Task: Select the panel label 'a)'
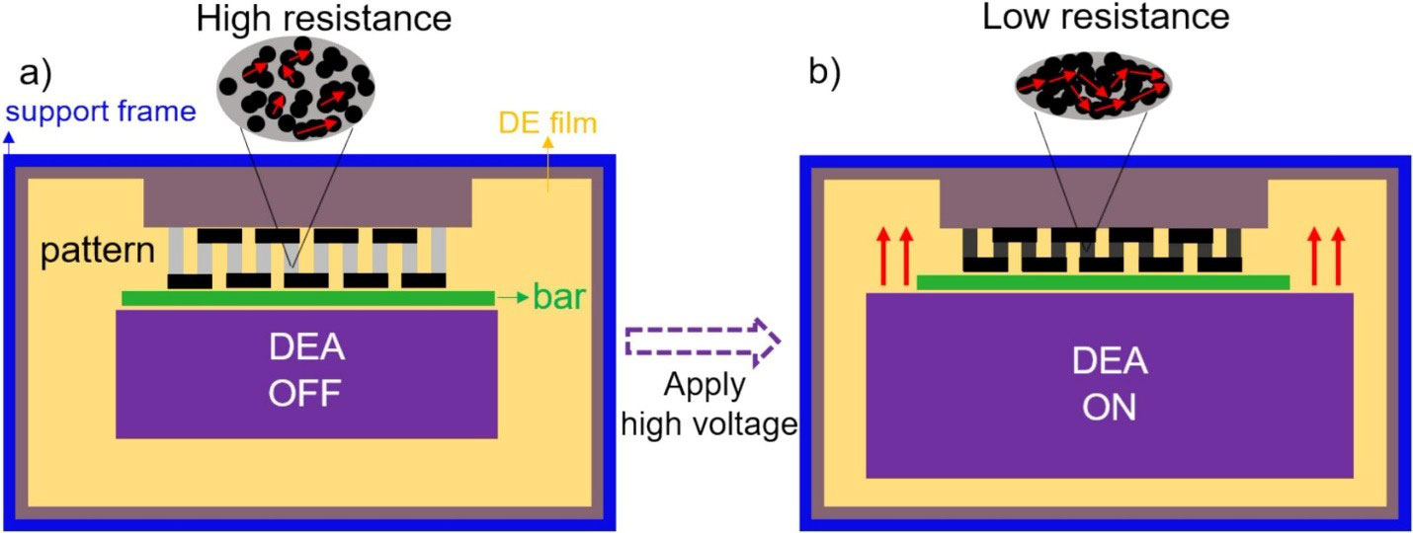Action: [39, 75]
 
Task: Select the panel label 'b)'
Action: [824, 75]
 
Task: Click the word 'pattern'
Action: [98, 251]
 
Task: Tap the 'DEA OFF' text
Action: [306, 373]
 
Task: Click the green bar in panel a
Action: [306, 297]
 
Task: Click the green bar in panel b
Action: [1103, 282]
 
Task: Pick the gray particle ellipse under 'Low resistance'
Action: [1095, 88]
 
